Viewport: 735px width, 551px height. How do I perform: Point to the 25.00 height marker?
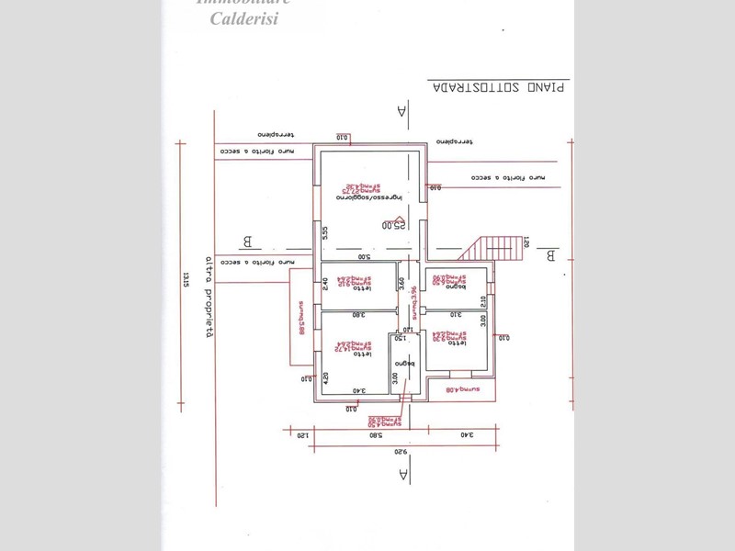[394, 224]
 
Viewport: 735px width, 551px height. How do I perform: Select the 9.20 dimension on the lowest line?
[401, 452]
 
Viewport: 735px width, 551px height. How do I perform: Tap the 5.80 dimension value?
[375, 436]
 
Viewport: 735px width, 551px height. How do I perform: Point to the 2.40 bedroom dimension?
[325, 286]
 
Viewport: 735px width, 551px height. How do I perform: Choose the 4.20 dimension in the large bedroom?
[325, 377]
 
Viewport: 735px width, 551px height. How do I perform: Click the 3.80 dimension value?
[358, 315]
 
